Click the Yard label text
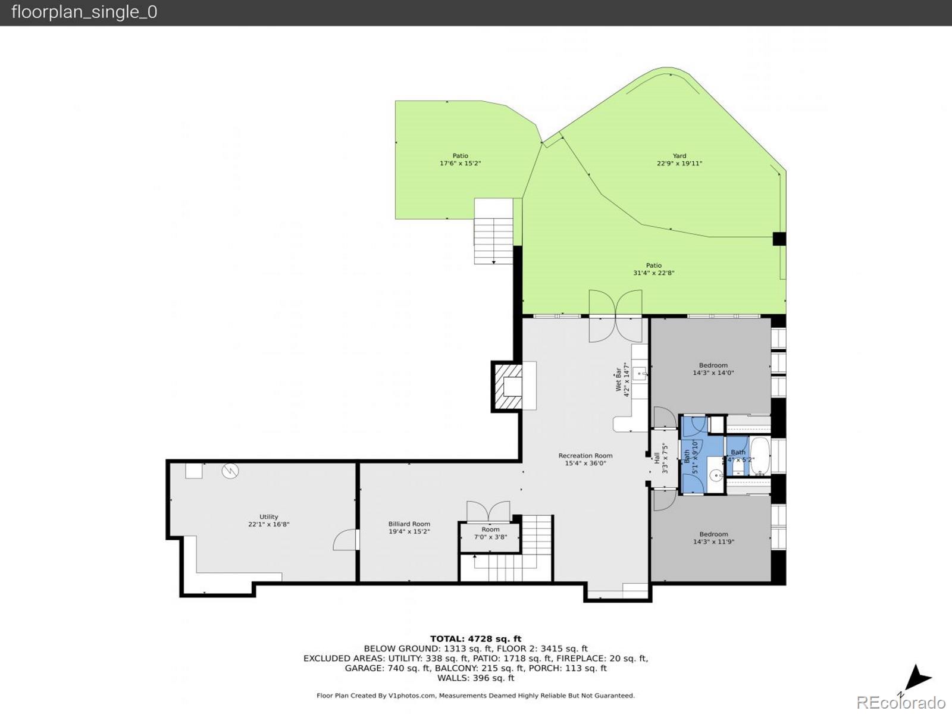click(x=679, y=159)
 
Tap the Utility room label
click(x=268, y=521)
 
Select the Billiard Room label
click(x=409, y=528)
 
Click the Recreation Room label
click(x=585, y=459)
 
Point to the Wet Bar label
click(x=622, y=380)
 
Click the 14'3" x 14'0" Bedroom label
click(x=713, y=369)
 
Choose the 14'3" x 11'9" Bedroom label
click(x=713, y=538)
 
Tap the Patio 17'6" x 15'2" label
click(x=460, y=159)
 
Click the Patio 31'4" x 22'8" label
click(x=653, y=269)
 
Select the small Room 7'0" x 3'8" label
click(x=490, y=533)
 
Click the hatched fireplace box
click(x=506, y=387)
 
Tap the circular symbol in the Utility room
click(x=230, y=471)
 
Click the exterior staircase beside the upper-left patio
click(x=493, y=232)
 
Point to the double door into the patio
click(x=615, y=315)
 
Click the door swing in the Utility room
click(x=347, y=540)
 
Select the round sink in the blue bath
click(x=717, y=475)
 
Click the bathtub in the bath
click(x=760, y=456)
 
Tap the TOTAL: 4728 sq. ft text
click(x=475, y=639)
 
